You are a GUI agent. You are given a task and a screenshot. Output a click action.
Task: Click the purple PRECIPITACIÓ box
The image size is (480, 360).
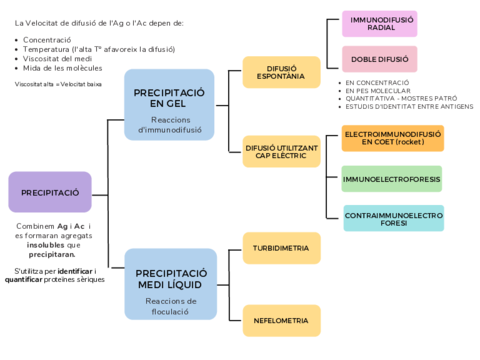pos(50,191)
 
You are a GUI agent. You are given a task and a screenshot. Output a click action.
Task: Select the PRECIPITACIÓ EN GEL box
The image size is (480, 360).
pos(169,104)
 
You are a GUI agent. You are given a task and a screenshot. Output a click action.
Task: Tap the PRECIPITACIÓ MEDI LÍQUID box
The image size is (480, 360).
pos(170,285)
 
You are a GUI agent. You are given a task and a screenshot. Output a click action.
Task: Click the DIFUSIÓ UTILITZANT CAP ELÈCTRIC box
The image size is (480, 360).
pos(282,151)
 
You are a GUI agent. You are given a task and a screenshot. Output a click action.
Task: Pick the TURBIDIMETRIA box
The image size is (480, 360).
pos(281,247)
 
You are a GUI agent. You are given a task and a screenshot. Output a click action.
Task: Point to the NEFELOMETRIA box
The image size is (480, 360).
pos(281,320)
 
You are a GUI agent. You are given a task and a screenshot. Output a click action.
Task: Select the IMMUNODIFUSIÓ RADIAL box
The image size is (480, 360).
pos(381,23)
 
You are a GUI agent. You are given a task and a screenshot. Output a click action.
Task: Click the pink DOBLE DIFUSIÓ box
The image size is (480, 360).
pos(381,59)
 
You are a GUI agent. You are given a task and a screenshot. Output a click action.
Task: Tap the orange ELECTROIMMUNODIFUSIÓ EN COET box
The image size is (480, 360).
pos(392,138)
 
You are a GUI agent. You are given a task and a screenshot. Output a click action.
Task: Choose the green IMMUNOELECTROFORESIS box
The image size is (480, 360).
pos(392,179)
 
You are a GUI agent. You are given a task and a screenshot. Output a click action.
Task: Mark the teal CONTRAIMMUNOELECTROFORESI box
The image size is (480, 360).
pos(393,217)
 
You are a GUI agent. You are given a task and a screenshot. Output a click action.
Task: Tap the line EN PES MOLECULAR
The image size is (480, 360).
pos(376,91)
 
